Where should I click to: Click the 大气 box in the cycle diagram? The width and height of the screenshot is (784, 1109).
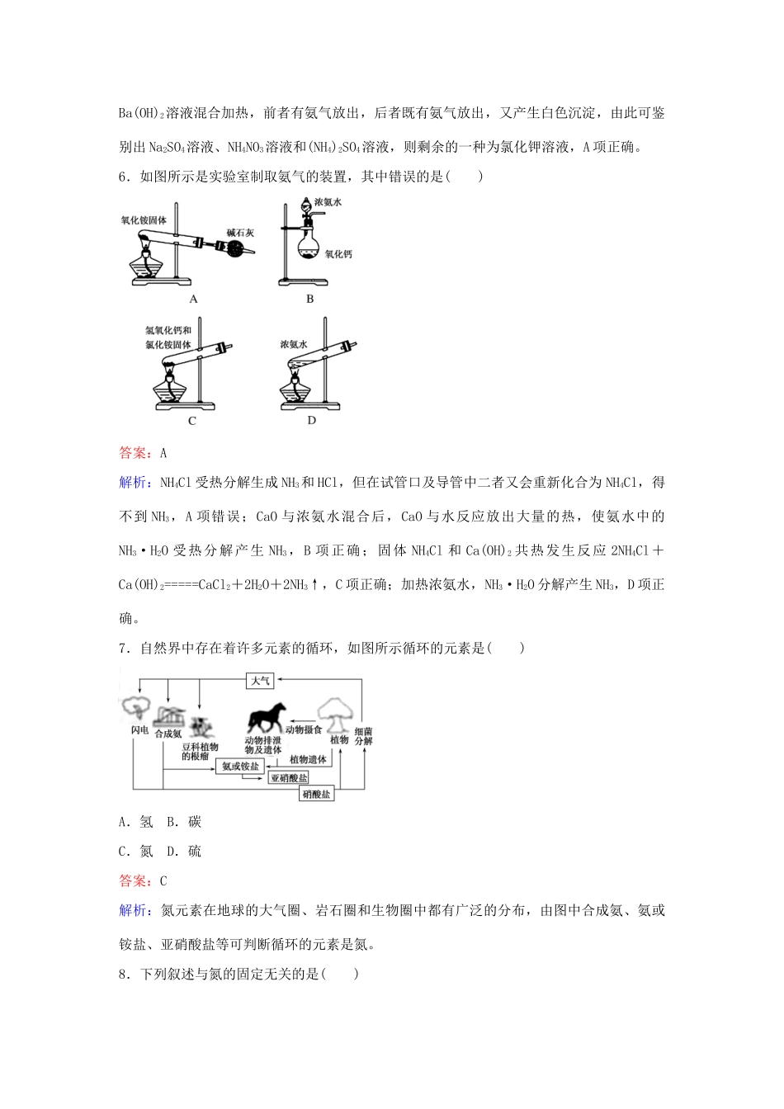pos(260,680)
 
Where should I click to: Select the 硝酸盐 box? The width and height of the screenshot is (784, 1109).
pos(316,794)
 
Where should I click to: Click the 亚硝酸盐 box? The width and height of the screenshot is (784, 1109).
pos(289,778)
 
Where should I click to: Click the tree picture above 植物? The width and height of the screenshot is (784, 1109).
pos(338,710)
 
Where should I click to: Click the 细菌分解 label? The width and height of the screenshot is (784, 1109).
pos(363,736)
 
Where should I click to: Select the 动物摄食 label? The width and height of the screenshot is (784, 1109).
pos(302,730)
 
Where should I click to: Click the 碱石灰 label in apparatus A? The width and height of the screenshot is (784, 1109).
pos(240,233)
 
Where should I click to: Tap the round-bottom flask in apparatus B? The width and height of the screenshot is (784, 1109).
pos(309,248)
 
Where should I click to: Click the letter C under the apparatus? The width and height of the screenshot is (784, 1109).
pos(192,421)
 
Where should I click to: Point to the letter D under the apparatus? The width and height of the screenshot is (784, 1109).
pos(311,421)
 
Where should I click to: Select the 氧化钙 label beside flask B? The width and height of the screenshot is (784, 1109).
pos(338,254)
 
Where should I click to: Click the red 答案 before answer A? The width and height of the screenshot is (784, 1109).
pos(134,452)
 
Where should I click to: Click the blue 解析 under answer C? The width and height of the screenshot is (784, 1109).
pos(134,911)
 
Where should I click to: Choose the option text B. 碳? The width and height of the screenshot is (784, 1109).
pos(184,822)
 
